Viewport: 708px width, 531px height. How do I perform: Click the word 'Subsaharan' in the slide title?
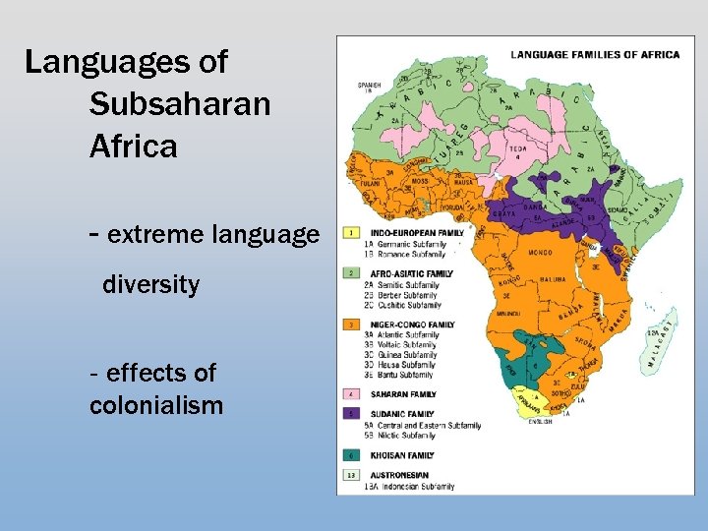[x=179, y=104]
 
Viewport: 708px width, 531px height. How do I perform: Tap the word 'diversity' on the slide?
[x=150, y=285]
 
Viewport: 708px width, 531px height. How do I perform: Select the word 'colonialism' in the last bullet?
[x=155, y=405]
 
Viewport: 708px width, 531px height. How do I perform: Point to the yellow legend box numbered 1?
[x=350, y=234]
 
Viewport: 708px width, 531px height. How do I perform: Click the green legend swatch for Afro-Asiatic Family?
[x=350, y=272]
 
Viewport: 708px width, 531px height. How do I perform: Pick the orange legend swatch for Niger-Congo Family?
[x=350, y=324]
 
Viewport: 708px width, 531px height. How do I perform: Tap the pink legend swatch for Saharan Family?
[x=350, y=394]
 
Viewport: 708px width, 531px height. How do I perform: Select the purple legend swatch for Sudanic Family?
[x=350, y=414]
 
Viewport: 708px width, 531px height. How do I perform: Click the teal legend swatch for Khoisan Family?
[x=350, y=455]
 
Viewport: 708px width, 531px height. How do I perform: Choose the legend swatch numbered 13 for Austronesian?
[x=350, y=475]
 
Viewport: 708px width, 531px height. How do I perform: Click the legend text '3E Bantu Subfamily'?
[x=401, y=375]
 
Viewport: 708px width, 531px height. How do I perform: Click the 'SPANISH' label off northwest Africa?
[x=369, y=86]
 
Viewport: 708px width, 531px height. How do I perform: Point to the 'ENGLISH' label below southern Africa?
[x=539, y=422]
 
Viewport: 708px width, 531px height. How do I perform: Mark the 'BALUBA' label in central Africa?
[x=552, y=280]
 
